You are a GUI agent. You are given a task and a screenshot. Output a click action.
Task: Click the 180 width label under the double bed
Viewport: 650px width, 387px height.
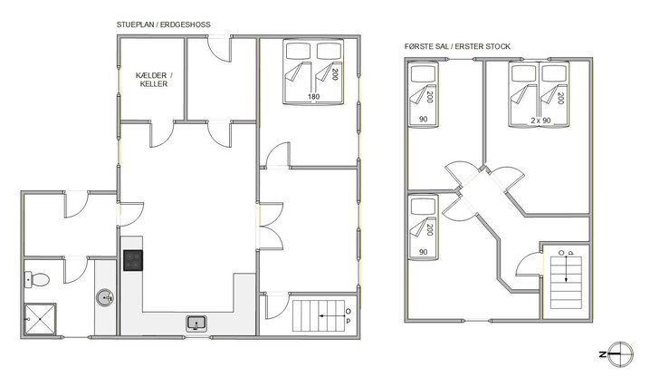click(x=313, y=97)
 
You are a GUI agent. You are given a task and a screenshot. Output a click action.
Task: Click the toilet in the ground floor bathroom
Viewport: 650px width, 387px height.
click(x=37, y=277)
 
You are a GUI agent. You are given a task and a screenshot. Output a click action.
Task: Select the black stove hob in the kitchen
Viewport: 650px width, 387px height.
click(x=132, y=260)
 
